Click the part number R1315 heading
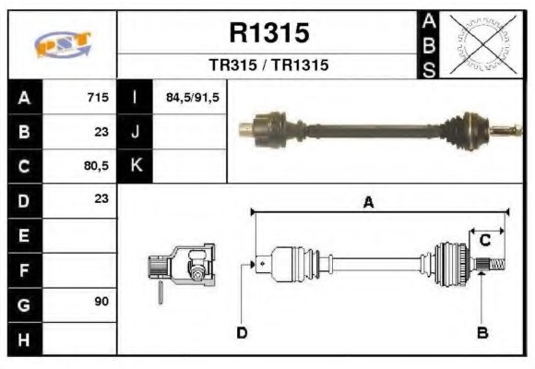268,33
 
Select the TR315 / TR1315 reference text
268,65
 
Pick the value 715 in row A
98,98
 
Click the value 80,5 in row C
95,166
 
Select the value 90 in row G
101,303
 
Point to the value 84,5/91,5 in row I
192,98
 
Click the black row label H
23,338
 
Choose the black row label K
135,166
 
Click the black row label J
135,132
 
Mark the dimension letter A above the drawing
367,204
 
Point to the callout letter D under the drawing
242,332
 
